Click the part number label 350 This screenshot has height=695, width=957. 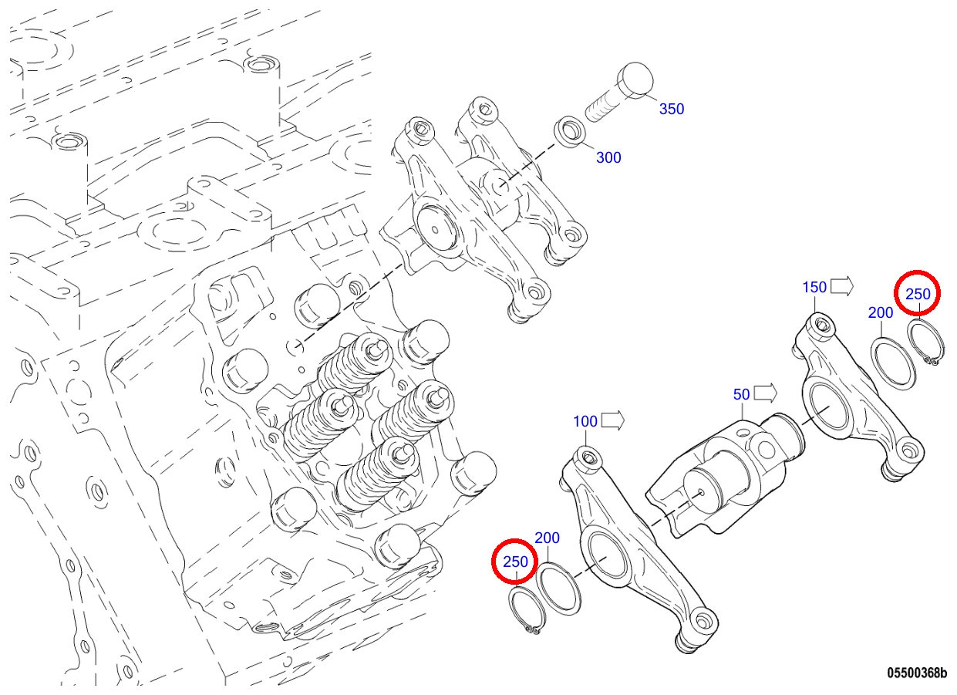point(672,109)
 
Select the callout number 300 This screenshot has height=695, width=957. point(608,157)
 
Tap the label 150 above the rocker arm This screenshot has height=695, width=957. point(814,287)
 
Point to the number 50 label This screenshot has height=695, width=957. point(741,394)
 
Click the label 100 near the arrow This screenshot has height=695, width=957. point(585,421)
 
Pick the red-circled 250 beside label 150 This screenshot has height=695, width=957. point(918,294)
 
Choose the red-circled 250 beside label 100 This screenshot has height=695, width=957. point(515,562)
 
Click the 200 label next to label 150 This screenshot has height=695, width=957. point(881,312)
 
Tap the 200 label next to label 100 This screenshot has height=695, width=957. point(547,538)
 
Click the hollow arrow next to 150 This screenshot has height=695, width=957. point(841,286)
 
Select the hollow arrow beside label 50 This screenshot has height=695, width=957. point(765,393)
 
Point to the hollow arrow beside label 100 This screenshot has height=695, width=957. point(612,421)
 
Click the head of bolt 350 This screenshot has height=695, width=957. point(635,80)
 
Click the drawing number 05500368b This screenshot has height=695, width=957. point(917,673)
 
